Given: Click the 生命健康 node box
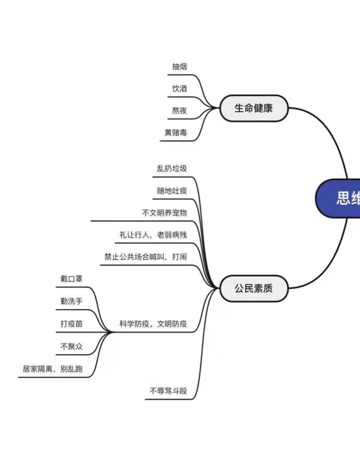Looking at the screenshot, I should tap(254, 109).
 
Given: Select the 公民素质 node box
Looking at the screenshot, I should tap(254, 288).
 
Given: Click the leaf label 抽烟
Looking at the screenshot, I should tap(179, 67).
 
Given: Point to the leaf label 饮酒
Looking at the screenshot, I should tap(179, 89).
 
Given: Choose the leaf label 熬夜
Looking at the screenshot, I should tap(179, 111).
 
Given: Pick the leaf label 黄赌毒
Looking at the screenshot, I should tap(175, 133).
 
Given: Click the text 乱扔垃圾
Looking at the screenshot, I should tap(172, 168).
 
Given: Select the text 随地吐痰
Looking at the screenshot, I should tap(172, 191).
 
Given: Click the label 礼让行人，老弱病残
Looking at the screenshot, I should tap(153, 235).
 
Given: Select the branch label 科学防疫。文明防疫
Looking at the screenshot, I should tap(153, 324).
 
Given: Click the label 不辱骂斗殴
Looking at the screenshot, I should tap(168, 391).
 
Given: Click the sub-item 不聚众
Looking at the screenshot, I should tap(71, 346).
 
